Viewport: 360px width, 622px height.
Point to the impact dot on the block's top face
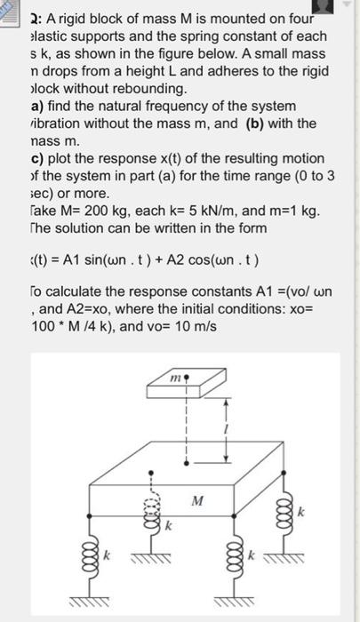185,462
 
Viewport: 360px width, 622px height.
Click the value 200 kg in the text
101,210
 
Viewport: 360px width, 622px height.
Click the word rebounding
154,88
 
